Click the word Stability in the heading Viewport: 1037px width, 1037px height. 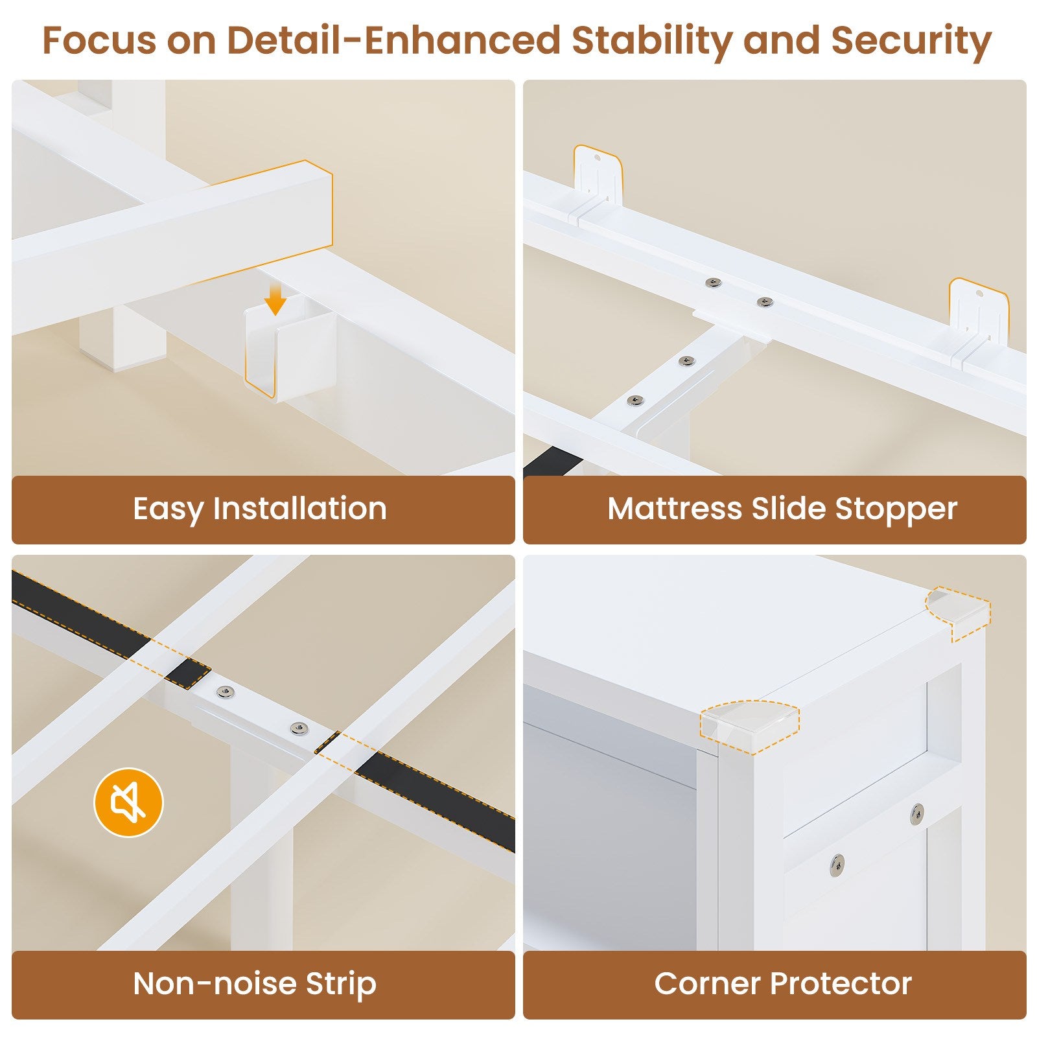(x=653, y=41)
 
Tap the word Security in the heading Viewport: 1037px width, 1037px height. (x=911, y=41)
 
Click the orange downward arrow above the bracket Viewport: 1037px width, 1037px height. (x=275, y=301)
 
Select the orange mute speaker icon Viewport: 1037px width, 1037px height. (x=128, y=802)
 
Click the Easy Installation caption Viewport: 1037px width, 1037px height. (x=260, y=508)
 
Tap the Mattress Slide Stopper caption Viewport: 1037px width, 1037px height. (x=782, y=509)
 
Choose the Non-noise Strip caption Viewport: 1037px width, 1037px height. (x=255, y=983)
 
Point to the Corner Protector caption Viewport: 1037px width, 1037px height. (x=783, y=983)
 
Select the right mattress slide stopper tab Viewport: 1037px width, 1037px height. (x=979, y=316)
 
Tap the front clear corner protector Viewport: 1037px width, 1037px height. (x=750, y=726)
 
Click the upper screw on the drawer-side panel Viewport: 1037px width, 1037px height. (x=917, y=814)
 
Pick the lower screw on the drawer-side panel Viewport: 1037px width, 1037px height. (x=837, y=863)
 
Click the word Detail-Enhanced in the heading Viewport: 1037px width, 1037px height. (x=393, y=40)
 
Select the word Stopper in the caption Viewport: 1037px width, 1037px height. (x=896, y=509)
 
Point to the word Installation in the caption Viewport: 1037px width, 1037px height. (x=300, y=508)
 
